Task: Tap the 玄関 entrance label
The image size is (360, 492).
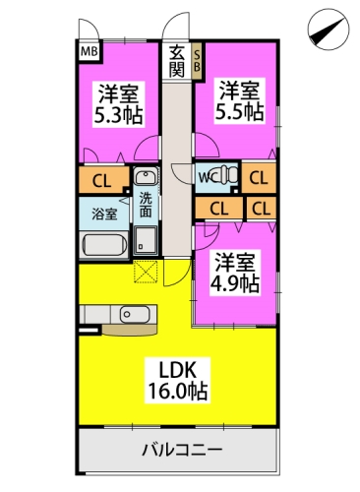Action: (177, 61)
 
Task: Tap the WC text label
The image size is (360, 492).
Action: (207, 177)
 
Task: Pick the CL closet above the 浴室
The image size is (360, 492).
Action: (101, 181)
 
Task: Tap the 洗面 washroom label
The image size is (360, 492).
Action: (145, 204)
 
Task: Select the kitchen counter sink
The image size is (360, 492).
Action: (131, 314)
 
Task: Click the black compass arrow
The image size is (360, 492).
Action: (328, 29)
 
